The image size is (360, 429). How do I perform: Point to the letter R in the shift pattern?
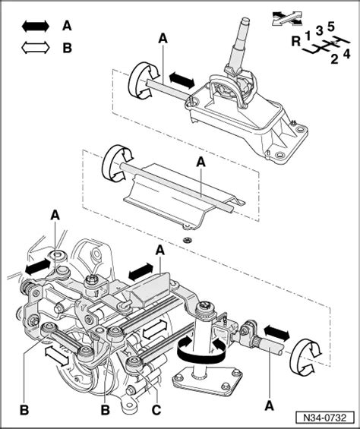295,43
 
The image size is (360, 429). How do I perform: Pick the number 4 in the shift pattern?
346,54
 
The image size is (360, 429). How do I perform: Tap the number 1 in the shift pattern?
308,35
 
